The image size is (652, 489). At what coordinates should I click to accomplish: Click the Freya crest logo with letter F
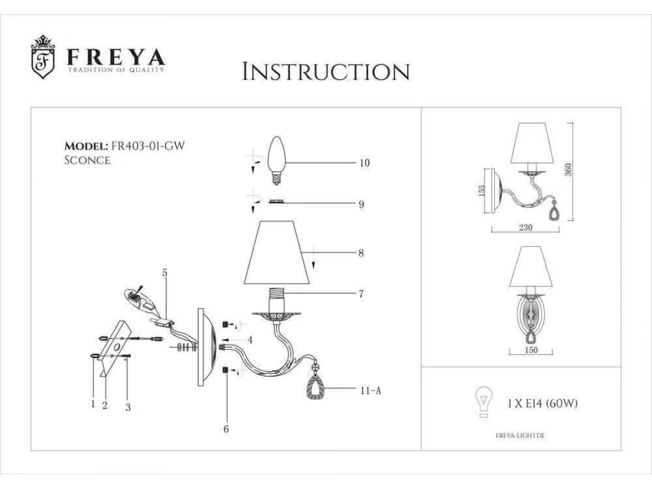43,57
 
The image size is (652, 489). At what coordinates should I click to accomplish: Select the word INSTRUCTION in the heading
326,72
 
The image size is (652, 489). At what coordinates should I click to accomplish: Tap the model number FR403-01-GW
148,146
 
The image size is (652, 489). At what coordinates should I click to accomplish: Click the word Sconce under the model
87,160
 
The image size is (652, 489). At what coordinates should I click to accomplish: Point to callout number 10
365,162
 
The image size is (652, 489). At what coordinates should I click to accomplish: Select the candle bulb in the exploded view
277,161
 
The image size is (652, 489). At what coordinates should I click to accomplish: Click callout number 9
361,204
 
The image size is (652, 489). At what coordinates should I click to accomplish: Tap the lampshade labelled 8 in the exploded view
277,252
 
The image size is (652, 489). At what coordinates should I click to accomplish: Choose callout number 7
361,294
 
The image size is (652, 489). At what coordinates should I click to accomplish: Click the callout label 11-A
371,391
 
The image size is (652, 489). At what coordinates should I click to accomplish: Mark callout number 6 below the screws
226,429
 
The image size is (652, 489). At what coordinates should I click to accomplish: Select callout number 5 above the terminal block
165,273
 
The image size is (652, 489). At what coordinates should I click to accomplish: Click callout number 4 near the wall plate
250,340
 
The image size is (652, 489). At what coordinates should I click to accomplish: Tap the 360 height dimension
568,170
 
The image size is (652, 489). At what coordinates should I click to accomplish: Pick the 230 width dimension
525,228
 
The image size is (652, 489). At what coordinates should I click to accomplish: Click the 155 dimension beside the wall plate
482,190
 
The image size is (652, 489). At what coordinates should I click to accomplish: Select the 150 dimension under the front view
531,350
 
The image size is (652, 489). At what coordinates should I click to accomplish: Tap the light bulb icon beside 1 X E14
484,402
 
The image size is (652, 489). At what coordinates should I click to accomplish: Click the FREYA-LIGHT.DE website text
520,436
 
